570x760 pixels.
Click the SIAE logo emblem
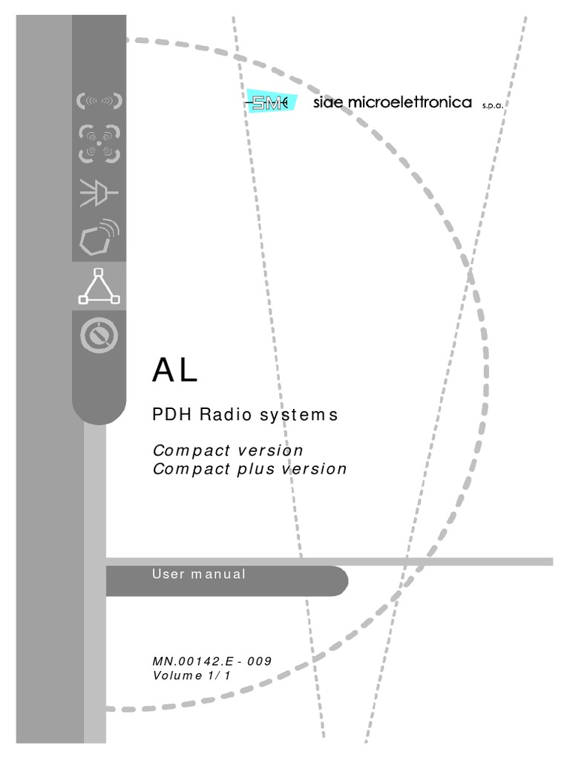point(270,103)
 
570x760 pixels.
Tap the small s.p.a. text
point(492,105)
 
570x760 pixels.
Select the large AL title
point(175,370)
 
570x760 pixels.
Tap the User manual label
point(198,574)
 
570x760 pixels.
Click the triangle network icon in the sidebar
point(99,286)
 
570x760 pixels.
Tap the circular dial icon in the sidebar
point(99,336)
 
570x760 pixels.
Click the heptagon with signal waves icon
point(99,236)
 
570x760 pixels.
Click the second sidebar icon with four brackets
point(99,144)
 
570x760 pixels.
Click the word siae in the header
point(327,102)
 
